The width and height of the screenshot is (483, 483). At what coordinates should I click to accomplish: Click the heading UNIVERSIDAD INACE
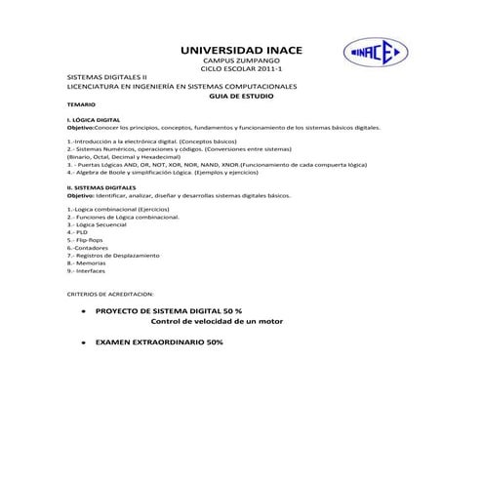coord(241,49)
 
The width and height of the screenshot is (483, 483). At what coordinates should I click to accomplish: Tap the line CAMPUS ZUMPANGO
coord(241,60)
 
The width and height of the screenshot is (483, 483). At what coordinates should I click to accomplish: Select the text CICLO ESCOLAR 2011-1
coord(241,69)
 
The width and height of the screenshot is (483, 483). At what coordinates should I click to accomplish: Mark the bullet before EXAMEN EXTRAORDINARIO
coord(85,343)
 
